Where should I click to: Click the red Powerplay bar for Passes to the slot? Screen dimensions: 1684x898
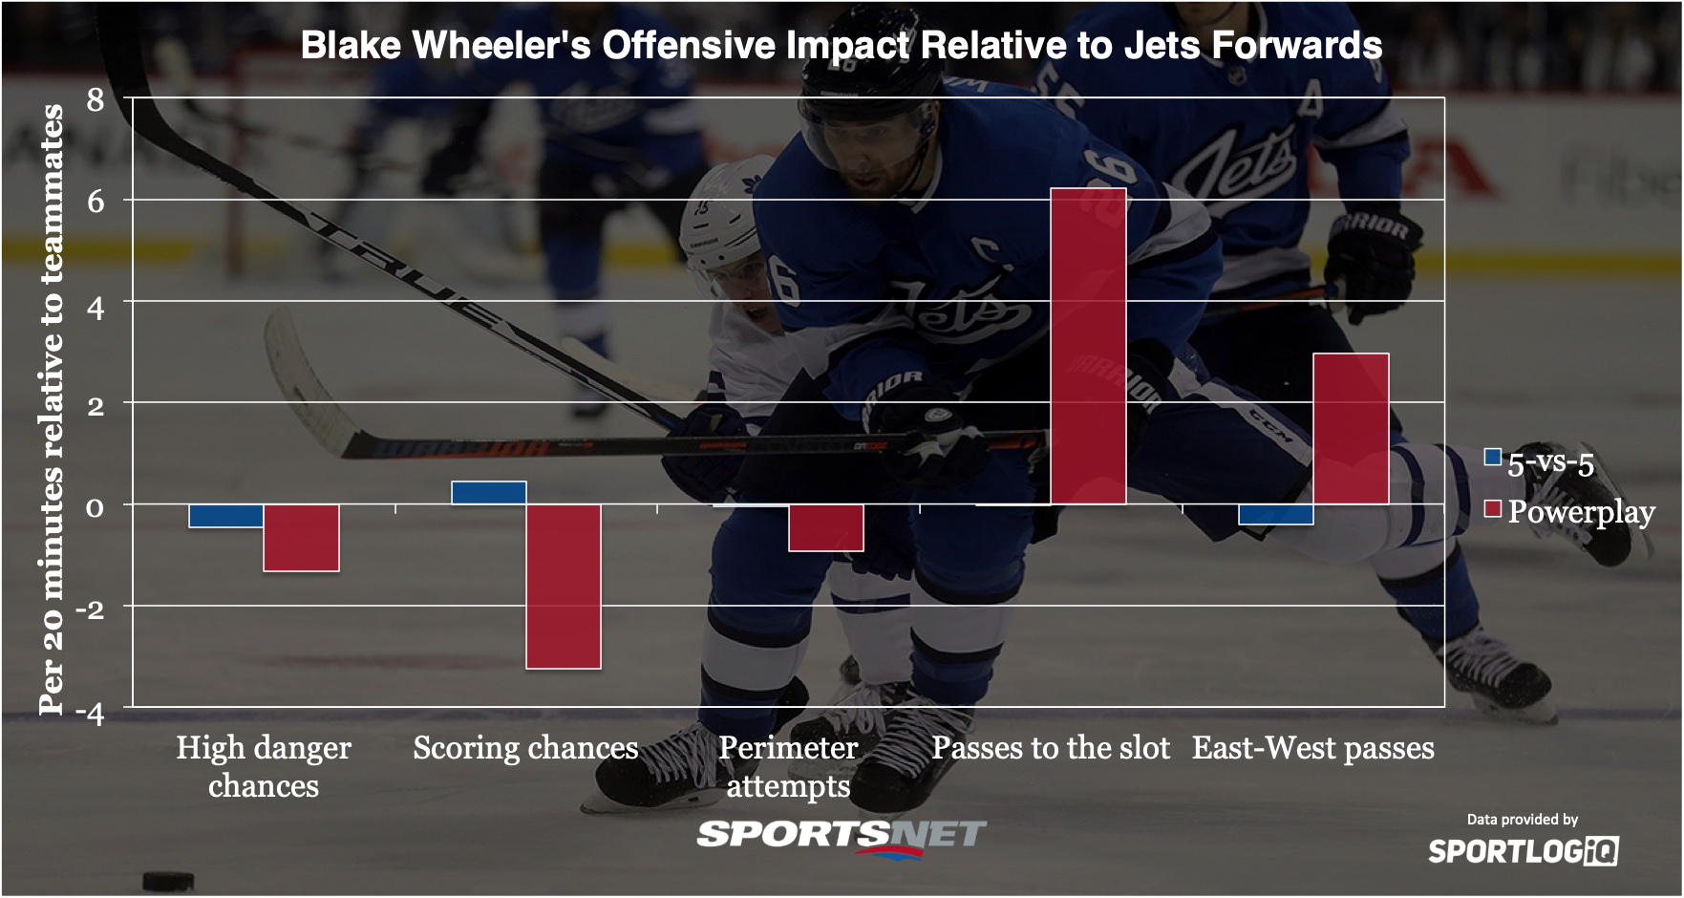1088,346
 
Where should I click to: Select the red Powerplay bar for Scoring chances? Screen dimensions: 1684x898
564,587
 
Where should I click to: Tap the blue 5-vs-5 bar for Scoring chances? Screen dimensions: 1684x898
489,493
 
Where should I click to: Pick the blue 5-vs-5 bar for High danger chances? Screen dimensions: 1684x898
226,516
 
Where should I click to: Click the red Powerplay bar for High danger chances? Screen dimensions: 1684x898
301,538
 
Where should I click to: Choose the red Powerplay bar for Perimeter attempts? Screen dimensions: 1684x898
826,527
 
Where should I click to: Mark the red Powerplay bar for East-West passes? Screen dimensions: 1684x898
1351,429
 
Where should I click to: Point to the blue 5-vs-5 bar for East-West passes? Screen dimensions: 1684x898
1276,514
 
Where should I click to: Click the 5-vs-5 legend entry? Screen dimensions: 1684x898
1539,463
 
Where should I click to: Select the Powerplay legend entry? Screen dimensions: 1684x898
1569,512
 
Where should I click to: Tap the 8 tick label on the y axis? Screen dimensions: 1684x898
96,99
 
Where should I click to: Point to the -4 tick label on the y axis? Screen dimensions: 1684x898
90,713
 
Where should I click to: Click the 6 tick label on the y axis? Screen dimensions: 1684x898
96,202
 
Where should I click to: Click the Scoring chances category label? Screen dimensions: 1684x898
525,747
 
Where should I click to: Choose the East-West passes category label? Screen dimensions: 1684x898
1313,747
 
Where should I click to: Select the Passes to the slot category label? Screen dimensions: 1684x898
1051,747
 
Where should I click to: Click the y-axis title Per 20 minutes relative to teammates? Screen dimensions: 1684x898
51,409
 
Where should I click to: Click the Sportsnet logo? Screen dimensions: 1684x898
842,837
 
